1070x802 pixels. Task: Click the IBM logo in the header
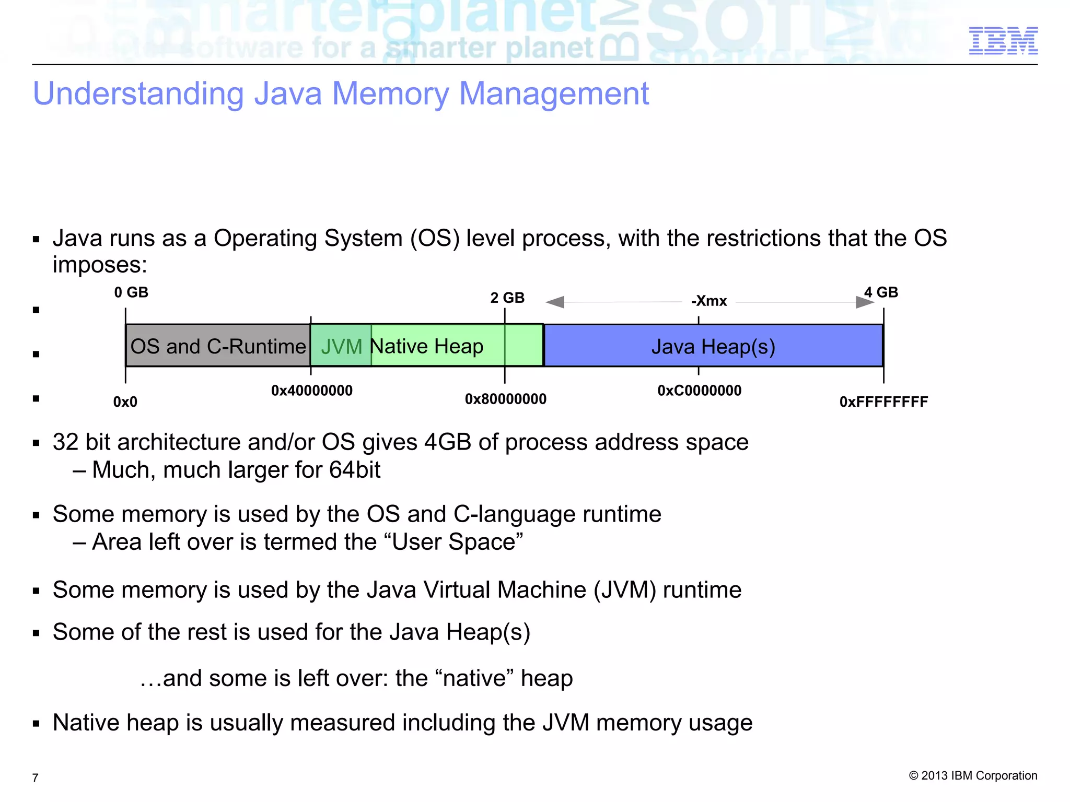click(1003, 41)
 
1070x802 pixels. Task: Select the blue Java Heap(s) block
click(713, 346)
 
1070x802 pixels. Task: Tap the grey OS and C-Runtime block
click(218, 346)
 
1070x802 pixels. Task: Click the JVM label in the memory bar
click(341, 347)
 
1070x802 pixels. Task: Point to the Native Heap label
click(427, 346)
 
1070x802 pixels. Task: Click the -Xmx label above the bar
click(709, 301)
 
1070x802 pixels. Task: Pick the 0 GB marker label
click(131, 292)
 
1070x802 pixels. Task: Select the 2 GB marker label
click(507, 298)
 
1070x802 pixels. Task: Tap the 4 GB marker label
click(881, 292)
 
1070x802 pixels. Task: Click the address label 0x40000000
click(312, 391)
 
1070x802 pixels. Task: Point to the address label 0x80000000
click(506, 399)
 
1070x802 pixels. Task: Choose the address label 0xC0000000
click(700, 391)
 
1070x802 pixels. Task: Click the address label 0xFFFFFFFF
click(883, 402)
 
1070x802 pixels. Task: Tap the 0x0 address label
click(125, 402)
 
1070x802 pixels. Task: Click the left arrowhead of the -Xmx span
click(555, 302)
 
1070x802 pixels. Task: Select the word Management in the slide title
click(554, 94)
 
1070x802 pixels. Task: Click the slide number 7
click(35, 778)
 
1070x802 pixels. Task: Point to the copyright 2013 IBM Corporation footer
click(973, 776)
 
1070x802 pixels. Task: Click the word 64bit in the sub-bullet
click(355, 470)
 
